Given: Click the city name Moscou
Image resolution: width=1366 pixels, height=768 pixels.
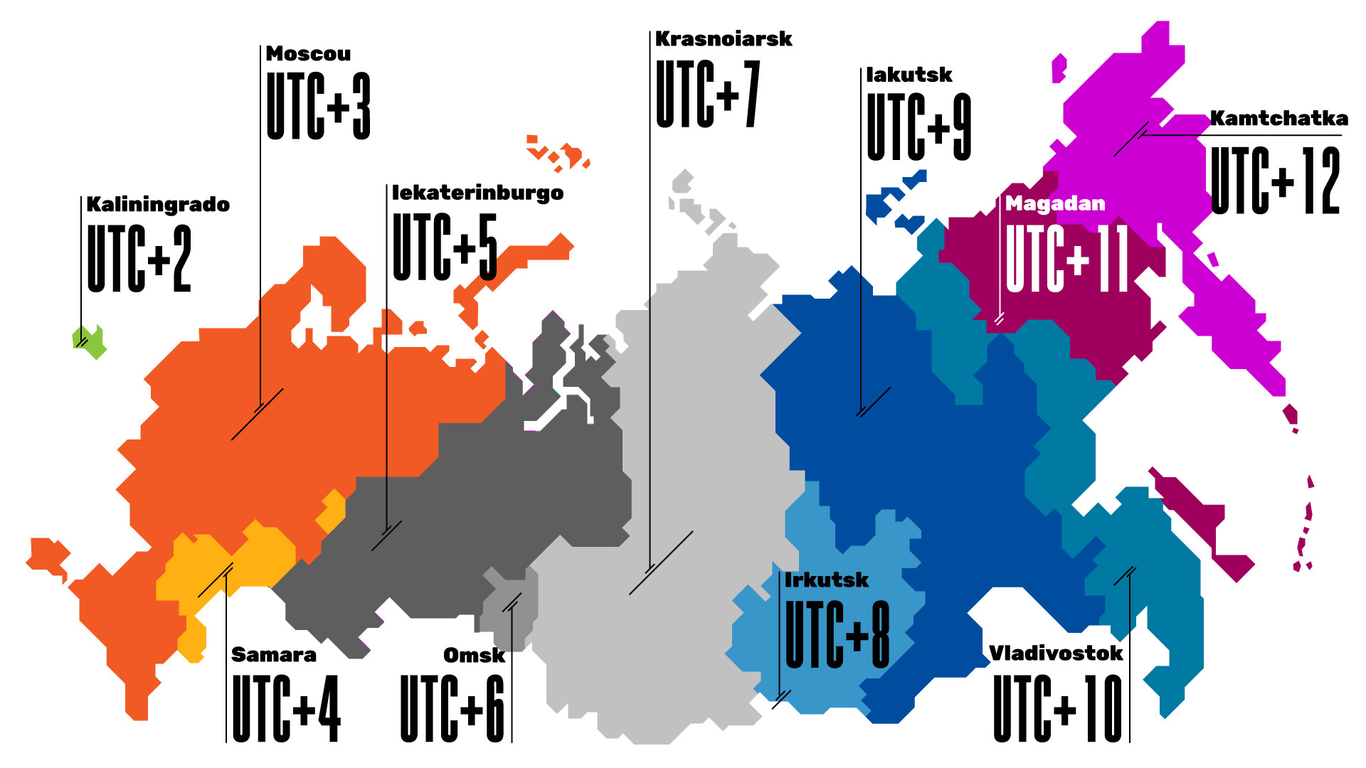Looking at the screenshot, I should pyautogui.click(x=308, y=54).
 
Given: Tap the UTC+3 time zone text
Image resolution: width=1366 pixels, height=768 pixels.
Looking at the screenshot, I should pyautogui.click(x=318, y=106).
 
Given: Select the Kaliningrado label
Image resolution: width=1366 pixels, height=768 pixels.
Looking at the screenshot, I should pyautogui.click(x=158, y=205).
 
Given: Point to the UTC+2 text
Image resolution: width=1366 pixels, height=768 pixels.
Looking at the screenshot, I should pyautogui.click(x=139, y=258).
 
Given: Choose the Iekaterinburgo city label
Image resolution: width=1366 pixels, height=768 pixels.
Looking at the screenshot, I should pyautogui.click(x=477, y=193).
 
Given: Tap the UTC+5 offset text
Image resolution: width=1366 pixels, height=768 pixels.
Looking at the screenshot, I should pyautogui.click(x=445, y=246).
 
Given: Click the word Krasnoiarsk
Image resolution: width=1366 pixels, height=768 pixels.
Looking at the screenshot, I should pyautogui.click(x=723, y=39).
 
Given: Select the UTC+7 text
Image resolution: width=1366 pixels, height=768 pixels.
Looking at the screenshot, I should pyautogui.click(x=708, y=94).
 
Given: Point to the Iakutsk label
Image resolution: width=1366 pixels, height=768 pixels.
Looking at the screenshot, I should pyautogui.click(x=909, y=75).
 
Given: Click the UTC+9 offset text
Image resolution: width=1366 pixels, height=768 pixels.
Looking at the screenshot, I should pyautogui.click(x=918, y=127).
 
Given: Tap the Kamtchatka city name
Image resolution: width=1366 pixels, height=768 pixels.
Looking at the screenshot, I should pyautogui.click(x=1278, y=118).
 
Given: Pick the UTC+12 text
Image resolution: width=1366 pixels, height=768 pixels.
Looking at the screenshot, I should pyautogui.click(x=1275, y=181).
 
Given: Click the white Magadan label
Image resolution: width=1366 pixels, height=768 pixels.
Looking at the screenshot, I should pyautogui.click(x=1055, y=204).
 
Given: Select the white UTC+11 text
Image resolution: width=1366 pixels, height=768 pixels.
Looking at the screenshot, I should pyautogui.click(x=1066, y=258).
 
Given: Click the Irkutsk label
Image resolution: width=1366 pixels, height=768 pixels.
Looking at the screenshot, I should pyautogui.click(x=826, y=580).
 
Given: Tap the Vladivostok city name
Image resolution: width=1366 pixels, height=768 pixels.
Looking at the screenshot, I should pyautogui.click(x=1056, y=653).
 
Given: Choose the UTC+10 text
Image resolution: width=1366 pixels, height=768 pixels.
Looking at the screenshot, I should pyautogui.click(x=1057, y=708).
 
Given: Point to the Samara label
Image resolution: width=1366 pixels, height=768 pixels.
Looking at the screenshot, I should pyautogui.click(x=274, y=654).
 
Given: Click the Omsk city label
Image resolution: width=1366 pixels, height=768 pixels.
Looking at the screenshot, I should pyautogui.click(x=474, y=655).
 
